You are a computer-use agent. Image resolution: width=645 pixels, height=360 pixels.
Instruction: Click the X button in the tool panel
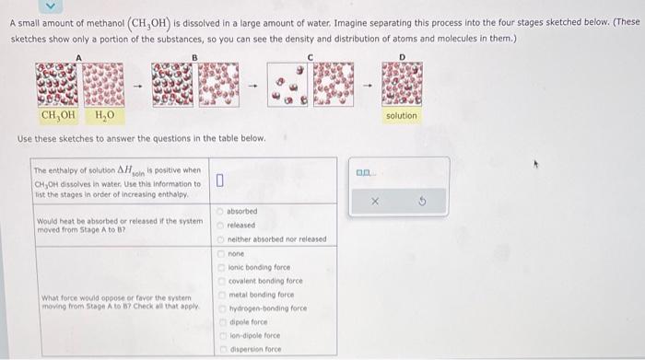pos(377,201)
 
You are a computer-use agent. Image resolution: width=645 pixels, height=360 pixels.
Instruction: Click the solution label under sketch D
pos(401,115)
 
